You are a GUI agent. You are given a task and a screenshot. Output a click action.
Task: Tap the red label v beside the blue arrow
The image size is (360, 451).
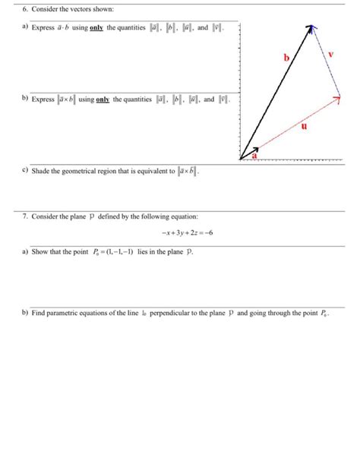click(x=331, y=54)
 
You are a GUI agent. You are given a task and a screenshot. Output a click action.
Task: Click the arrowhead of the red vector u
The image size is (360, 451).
click(x=337, y=97)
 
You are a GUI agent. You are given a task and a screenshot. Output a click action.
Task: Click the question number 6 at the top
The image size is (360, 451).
click(x=24, y=8)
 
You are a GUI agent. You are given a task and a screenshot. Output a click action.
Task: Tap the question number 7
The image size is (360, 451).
click(x=24, y=217)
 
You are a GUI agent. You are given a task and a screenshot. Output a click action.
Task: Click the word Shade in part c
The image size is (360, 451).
click(x=41, y=172)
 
